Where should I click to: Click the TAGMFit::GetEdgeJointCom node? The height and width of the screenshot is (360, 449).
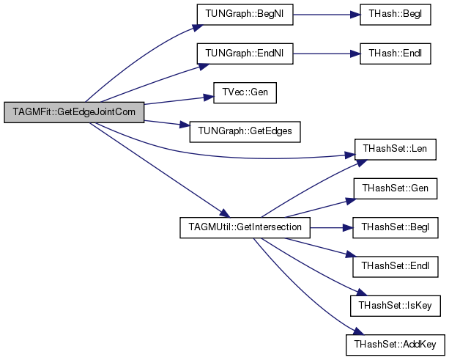pyautogui.click(x=74, y=112)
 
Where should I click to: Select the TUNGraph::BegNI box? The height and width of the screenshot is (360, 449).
pyautogui.click(x=245, y=15)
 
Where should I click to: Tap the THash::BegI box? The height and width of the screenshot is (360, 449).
pyautogui.click(x=396, y=15)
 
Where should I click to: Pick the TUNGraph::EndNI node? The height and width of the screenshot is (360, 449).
pyautogui.click(x=245, y=54)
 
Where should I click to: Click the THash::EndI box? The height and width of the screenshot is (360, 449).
pyautogui.click(x=396, y=54)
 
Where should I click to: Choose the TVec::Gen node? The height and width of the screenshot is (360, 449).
pyautogui.click(x=245, y=92)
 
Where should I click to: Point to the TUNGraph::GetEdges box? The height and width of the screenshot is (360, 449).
pyautogui.click(x=245, y=131)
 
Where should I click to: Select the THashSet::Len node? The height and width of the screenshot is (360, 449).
pyautogui.click(x=396, y=150)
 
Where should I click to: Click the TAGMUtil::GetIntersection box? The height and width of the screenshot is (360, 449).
pyautogui.click(x=245, y=227)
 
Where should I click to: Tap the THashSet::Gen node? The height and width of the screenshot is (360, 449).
pyautogui.click(x=396, y=188)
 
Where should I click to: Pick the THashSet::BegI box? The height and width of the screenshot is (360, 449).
pyautogui.click(x=396, y=227)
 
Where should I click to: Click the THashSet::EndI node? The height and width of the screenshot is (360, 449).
pyautogui.click(x=396, y=267)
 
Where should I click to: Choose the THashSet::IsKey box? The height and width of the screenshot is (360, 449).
pyautogui.click(x=396, y=306)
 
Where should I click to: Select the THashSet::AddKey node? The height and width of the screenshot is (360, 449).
pyautogui.click(x=396, y=345)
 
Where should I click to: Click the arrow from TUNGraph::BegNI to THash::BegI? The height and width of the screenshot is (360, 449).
pyautogui.click(x=327, y=15)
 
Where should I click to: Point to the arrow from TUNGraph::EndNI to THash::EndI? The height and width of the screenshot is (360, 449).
pyautogui.click(x=327, y=54)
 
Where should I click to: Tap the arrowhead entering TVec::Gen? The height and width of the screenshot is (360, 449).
pyautogui.click(x=209, y=98)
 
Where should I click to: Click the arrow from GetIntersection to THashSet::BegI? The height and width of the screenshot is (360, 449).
pyautogui.click(x=331, y=227)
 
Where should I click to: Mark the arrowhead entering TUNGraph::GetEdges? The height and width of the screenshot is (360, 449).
pyautogui.click(x=185, y=125)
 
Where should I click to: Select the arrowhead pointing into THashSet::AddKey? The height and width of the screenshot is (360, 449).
pyautogui.click(x=358, y=331)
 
